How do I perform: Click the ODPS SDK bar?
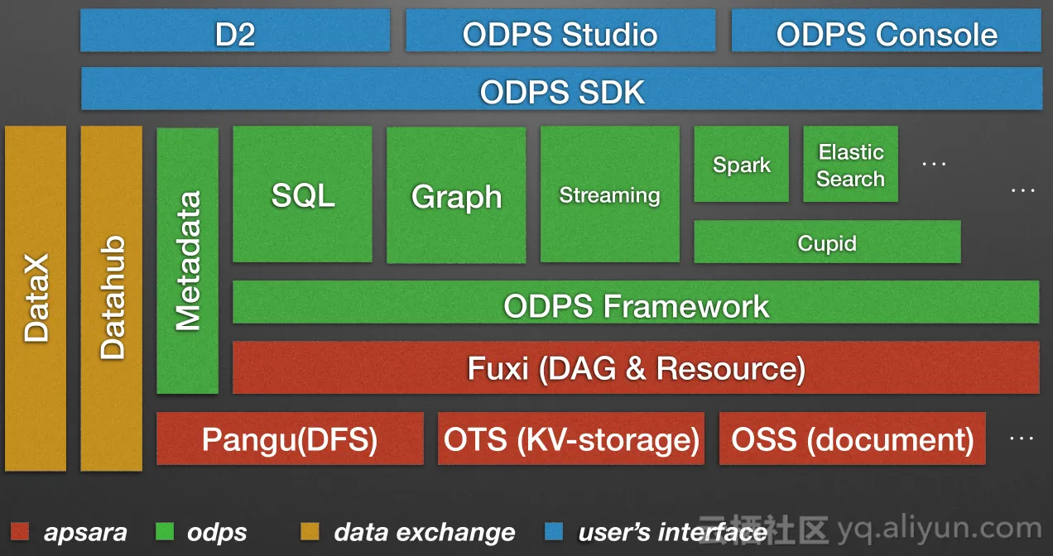tap(561, 89)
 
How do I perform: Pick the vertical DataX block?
tap(36, 298)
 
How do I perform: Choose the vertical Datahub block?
tap(112, 298)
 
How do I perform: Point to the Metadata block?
tap(188, 261)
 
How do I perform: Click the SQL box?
tap(302, 194)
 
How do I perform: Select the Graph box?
tap(456, 194)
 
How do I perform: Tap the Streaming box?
tap(610, 194)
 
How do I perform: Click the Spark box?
tap(742, 164)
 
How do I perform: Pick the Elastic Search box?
tap(851, 164)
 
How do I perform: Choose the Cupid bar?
tap(827, 242)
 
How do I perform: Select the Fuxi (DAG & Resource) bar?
tap(636, 367)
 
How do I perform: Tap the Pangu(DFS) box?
tap(290, 439)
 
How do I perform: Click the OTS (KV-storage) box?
tap(571, 439)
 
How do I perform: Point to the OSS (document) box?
tap(853, 439)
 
